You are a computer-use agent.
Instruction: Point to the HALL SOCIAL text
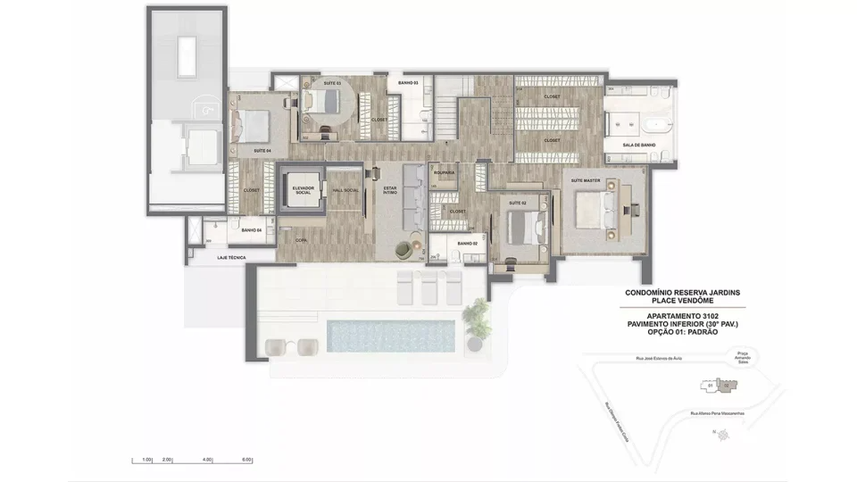tap(345, 190)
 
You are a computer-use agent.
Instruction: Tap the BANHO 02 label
tap(469, 244)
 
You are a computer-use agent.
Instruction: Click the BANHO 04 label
tap(251, 230)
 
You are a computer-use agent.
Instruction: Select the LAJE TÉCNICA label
tap(231, 257)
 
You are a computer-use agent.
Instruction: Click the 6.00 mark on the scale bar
tap(246, 460)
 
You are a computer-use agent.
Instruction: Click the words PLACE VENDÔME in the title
tap(682, 301)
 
